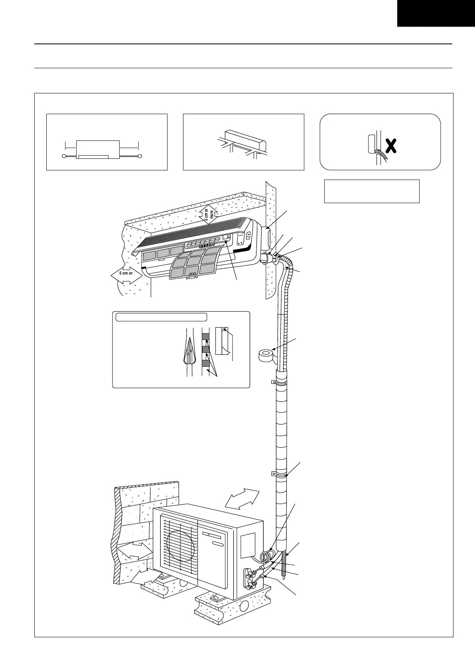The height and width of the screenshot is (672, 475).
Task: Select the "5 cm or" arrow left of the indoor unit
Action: [x=126, y=274]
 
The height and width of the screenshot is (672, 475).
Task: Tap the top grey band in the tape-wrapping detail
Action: [x=205, y=337]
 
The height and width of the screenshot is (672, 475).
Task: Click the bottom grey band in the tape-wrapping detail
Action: [x=205, y=363]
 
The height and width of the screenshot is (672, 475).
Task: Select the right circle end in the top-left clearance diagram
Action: [x=140, y=156]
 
